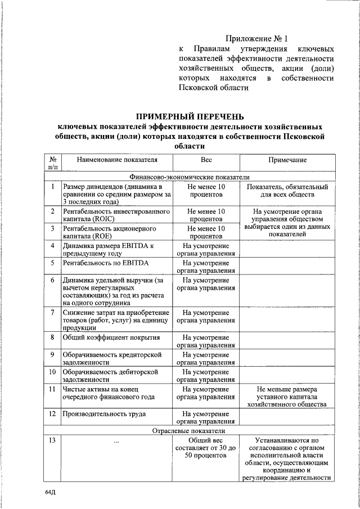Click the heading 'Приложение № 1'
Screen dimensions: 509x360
(256, 39)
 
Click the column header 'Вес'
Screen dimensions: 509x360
(206, 160)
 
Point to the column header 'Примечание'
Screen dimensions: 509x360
(287, 160)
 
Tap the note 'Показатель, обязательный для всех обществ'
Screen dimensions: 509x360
(287, 191)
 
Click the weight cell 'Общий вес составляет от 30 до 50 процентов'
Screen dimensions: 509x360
(206, 448)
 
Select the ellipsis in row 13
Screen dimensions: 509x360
(116, 440)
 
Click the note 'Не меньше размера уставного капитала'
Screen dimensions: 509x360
(287, 396)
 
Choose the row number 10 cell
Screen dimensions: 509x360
(52, 372)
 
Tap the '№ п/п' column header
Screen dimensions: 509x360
(52, 163)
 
